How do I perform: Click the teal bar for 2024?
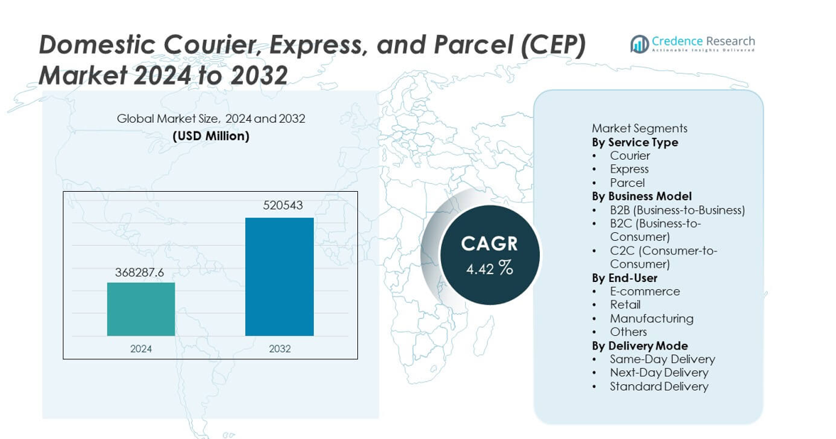pyautogui.click(x=141, y=309)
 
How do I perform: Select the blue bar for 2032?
pyautogui.click(x=279, y=276)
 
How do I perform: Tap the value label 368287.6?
pyautogui.click(x=141, y=273)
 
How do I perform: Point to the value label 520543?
pyautogui.click(x=279, y=205)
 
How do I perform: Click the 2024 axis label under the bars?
pyautogui.click(x=141, y=349)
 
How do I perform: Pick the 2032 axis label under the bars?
pyautogui.click(x=279, y=349)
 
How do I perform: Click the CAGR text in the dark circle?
pyautogui.click(x=489, y=244)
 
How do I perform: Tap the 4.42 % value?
pyautogui.click(x=489, y=268)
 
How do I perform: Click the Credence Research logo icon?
pyautogui.click(x=639, y=44)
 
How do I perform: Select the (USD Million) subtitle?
pyautogui.click(x=211, y=136)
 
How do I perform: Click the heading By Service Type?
pyautogui.click(x=634, y=142)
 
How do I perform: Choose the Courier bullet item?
pyautogui.click(x=629, y=156)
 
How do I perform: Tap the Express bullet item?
pyautogui.click(x=629, y=169)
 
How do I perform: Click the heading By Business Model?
pyautogui.click(x=641, y=196)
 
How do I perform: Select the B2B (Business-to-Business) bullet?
pyautogui.click(x=677, y=210)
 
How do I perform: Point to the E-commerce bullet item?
pyautogui.click(x=644, y=291)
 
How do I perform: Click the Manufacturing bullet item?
pyautogui.click(x=651, y=318)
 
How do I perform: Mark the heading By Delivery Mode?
pyautogui.click(x=639, y=346)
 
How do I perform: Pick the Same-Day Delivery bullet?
pyautogui.click(x=662, y=359)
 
